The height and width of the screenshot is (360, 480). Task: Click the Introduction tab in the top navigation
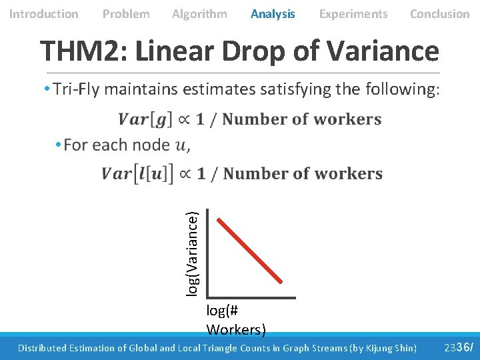pos(43,14)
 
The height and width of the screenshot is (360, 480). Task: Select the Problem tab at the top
pos(126,14)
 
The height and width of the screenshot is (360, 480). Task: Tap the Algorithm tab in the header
pos(199,14)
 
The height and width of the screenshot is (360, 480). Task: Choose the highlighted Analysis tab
pos(273,14)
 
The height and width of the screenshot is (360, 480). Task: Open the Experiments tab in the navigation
pos(353,14)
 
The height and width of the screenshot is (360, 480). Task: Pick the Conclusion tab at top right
pos(439,14)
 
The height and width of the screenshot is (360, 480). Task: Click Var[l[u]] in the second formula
pos(137,174)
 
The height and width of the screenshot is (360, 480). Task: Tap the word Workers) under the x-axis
pos(236,329)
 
